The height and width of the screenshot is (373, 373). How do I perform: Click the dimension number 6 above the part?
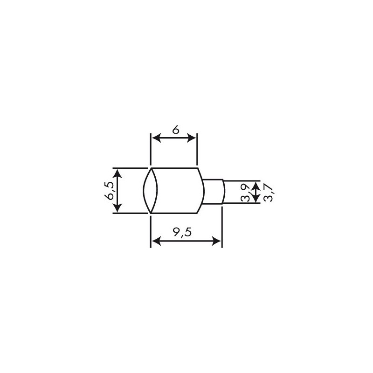click(175, 130)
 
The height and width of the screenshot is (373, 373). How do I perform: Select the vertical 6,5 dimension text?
click(110, 190)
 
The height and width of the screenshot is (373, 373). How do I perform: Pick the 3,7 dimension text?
click(267, 192)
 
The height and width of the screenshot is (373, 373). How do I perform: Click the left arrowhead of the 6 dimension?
click(156, 138)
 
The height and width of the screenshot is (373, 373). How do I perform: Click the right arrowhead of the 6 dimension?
click(192, 138)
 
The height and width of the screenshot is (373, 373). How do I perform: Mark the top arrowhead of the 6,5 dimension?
click(118, 173)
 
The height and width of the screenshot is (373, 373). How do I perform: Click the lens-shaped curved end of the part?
click(150, 190)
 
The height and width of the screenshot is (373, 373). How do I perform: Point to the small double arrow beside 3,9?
click(255, 192)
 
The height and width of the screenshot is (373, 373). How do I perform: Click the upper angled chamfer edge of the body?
click(201, 174)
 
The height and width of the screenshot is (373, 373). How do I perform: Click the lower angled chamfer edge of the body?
click(201, 207)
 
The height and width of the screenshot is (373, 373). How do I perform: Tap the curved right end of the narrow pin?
click(224, 190)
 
